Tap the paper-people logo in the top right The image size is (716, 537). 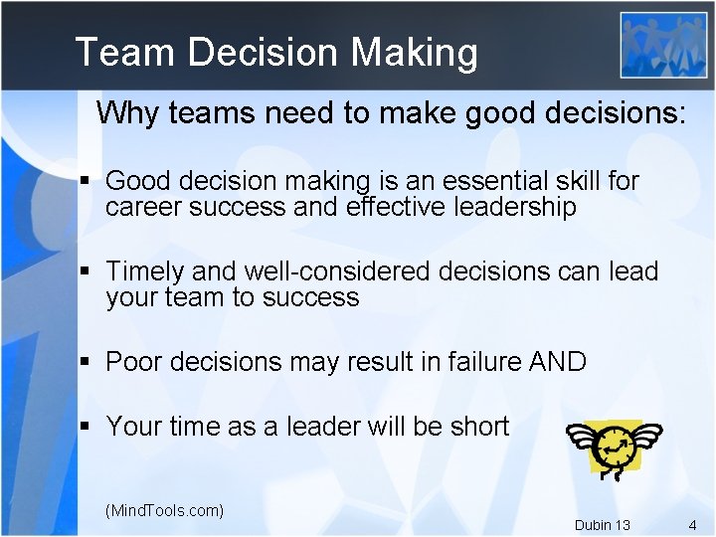pyautogui.click(x=663, y=45)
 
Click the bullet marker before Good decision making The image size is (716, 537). pyautogui.click(x=86, y=182)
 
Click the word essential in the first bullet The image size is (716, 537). pyautogui.click(x=472, y=181)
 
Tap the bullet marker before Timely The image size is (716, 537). pyautogui.click(x=86, y=271)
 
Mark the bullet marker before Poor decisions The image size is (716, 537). pyautogui.click(x=86, y=362)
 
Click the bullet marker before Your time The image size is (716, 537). pyautogui.click(x=86, y=428)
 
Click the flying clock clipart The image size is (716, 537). pyautogui.click(x=613, y=445)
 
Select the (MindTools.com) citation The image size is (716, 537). pyautogui.click(x=164, y=510)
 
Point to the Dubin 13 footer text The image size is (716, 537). pyautogui.click(x=602, y=525)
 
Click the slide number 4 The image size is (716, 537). pyautogui.click(x=692, y=524)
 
